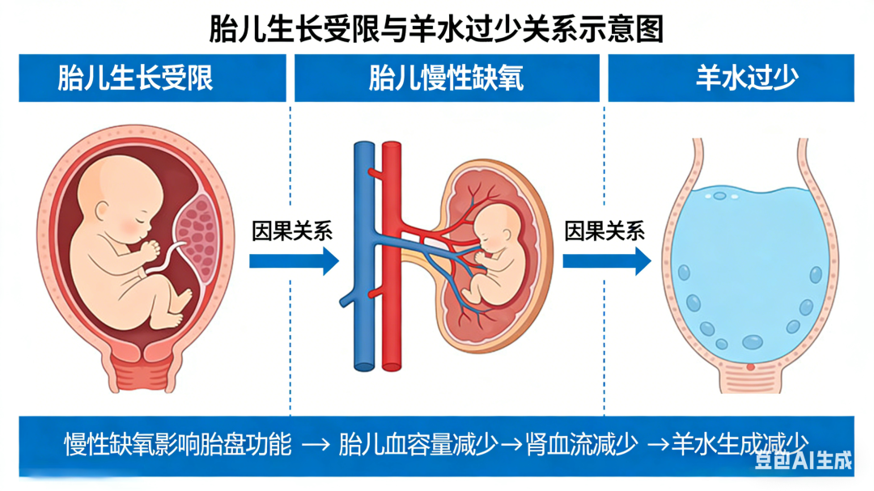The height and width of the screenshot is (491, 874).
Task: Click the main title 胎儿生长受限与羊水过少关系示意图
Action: (x=436, y=29)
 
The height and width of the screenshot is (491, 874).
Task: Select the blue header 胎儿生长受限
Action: (x=135, y=78)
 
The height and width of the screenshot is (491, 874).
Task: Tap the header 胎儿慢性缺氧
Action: (x=446, y=78)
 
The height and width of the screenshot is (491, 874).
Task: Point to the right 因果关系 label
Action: (x=605, y=231)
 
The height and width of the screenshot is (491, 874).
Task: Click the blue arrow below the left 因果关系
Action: (x=293, y=260)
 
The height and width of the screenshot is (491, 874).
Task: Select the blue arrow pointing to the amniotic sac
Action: (x=606, y=260)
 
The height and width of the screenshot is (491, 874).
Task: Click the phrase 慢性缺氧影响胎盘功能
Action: (x=177, y=444)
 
